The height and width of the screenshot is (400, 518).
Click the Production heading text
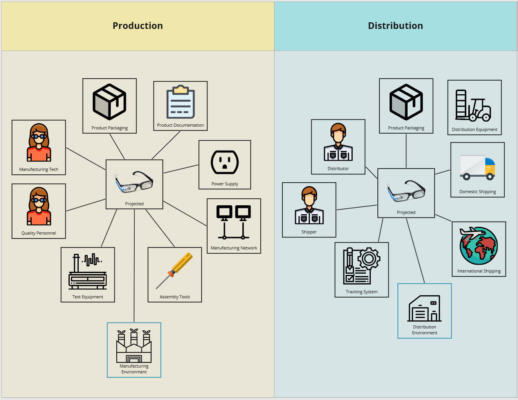pyautogui.click(x=137, y=26)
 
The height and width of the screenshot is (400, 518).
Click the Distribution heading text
pyautogui.click(x=395, y=26)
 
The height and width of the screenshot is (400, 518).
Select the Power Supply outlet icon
pyautogui.click(x=225, y=162)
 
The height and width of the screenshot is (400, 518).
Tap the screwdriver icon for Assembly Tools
pyautogui.click(x=175, y=271)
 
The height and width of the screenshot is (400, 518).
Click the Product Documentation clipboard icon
pyautogui.click(x=180, y=102)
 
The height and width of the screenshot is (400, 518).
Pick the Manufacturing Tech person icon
pyautogui.click(x=39, y=143)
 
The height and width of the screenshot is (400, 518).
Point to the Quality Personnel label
pyautogui.click(x=39, y=233)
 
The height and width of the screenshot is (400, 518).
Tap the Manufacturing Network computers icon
pyautogui.click(x=234, y=222)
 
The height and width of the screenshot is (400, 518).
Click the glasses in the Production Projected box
pyautogui.click(x=134, y=181)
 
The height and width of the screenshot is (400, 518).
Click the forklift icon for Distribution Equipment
pyautogui.click(x=473, y=105)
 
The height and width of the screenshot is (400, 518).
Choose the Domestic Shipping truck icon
pyautogui.click(x=477, y=167)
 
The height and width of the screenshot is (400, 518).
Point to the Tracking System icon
pyautogui.click(x=361, y=266)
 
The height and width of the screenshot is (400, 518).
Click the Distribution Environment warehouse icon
pyautogui.click(x=424, y=309)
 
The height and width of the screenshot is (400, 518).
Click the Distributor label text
pyautogui.click(x=338, y=169)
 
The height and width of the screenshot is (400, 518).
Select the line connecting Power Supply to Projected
pyautogui.click(x=181, y=169)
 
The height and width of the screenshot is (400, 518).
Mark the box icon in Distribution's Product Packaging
pyautogui.click(x=406, y=102)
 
